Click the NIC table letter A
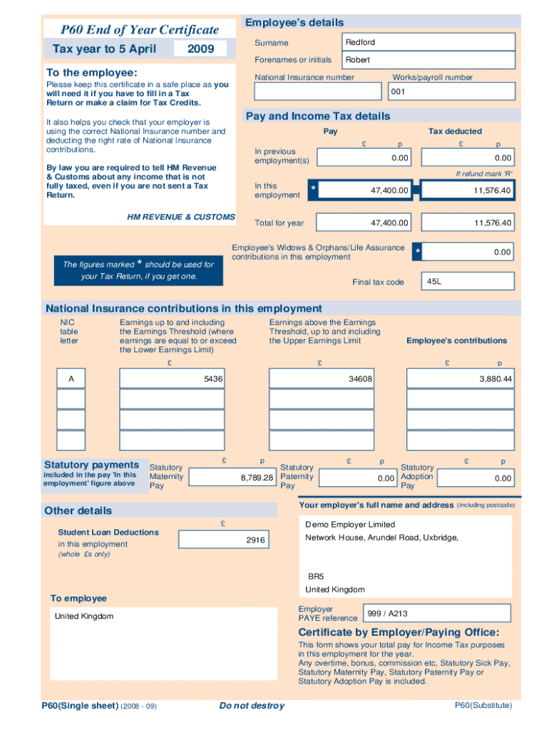[71, 379]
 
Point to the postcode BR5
[316, 576]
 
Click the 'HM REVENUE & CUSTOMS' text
[181, 217]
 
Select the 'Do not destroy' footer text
[252, 706]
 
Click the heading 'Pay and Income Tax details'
[318, 116]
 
